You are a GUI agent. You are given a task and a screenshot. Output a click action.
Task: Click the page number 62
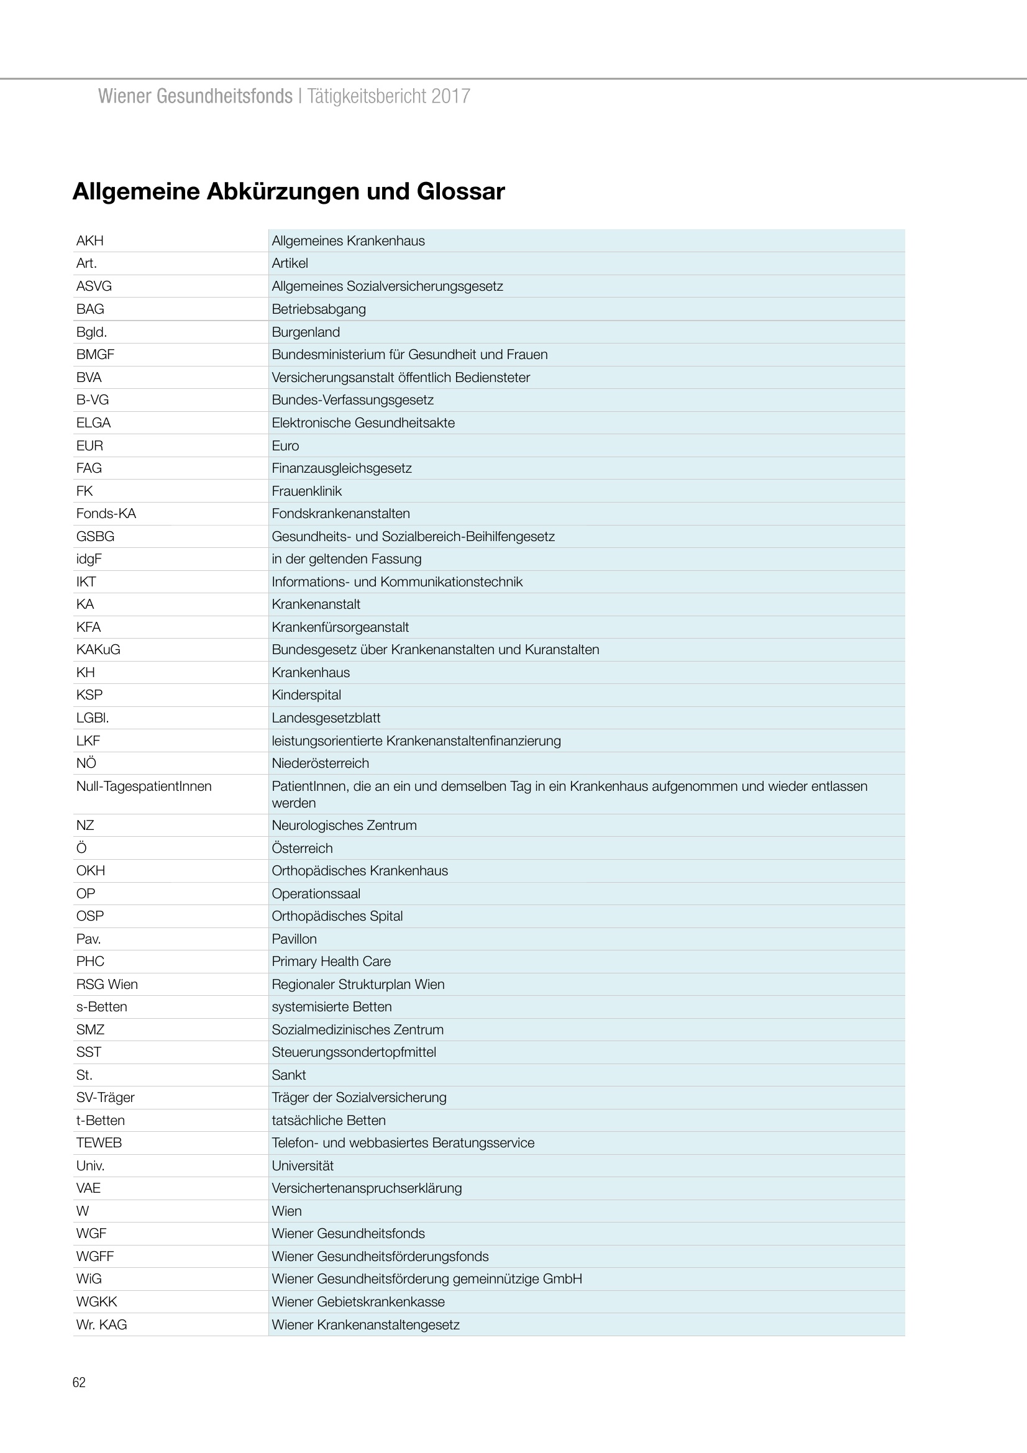click(x=79, y=1382)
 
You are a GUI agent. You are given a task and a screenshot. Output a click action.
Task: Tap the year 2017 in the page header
click(x=450, y=96)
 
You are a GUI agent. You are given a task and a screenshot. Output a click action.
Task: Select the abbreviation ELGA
click(x=94, y=423)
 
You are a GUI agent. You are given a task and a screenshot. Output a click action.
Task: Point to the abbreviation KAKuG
click(x=98, y=649)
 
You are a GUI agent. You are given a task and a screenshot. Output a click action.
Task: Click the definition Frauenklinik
click(x=307, y=491)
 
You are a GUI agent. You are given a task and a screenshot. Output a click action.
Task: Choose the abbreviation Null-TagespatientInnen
click(x=144, y=786)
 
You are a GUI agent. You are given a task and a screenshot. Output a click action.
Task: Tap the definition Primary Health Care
click(x=331, y=961)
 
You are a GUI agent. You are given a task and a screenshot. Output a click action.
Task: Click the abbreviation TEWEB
click(x=99, y=1143)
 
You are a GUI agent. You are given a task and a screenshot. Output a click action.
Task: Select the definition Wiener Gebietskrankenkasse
click(x=358, y=1302)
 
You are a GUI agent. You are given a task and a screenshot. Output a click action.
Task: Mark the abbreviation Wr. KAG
click(x=101, y=1324)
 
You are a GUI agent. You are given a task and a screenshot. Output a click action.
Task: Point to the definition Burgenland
click(x=306, y=332)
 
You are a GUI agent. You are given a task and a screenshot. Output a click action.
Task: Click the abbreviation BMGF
click(x=96, y=354)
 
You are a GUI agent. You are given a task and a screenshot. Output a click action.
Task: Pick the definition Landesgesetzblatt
click(x=326, y=717)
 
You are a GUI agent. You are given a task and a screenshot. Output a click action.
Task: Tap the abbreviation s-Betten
click(x=101, y=1007)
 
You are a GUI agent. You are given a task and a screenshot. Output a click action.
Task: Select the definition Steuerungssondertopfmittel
click(x=354, y=1052)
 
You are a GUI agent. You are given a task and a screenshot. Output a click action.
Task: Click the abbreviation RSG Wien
click(x=107, y=984)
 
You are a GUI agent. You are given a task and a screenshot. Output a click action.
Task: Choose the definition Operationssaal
click(x=316, y=893)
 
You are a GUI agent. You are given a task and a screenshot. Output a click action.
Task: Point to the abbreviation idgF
click(x=89, y=559)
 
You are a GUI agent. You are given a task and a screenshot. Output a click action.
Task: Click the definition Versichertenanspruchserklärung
click(x=367, y=1188)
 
